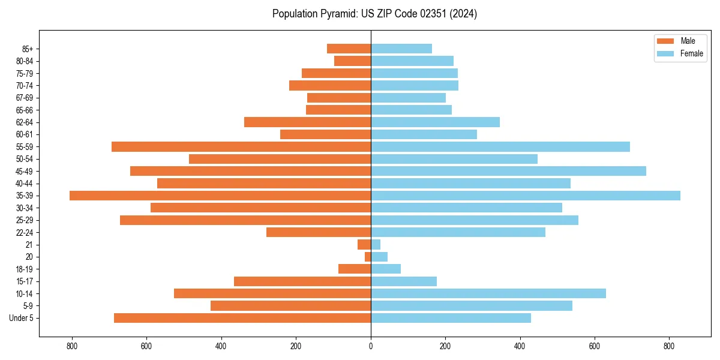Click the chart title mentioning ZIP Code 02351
pos(374,14)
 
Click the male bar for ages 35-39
pos(220,196)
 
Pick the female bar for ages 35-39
pos(526,196)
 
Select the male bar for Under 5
pos(242,318)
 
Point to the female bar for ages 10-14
pos(488,293)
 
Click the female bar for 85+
pos(401,49)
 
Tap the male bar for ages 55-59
pos(241,147)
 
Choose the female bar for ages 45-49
pos(508,171)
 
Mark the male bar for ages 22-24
pos(319,232)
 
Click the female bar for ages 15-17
pos(404,281)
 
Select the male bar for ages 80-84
pos(353,61)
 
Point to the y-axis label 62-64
pos(25,122)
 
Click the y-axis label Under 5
pos(22,318)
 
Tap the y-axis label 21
pos(29,245)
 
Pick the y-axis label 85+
pos(27,49)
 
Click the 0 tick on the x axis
pos(371,346)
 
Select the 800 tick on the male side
pos(72,346)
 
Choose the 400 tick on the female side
pos(520,346)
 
